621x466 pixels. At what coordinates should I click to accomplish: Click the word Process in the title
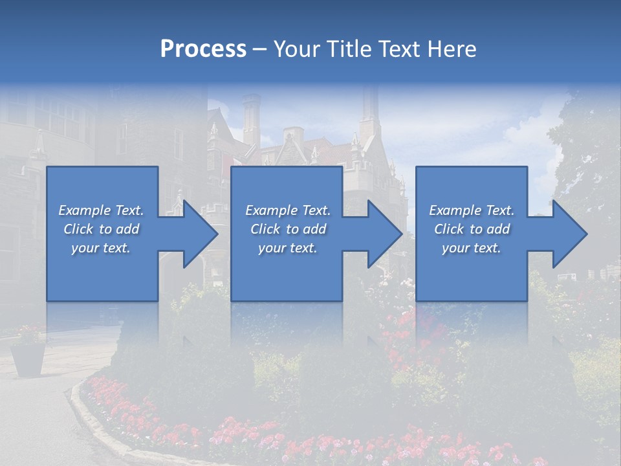[203, 49]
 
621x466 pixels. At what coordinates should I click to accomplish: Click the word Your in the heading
[295, 49]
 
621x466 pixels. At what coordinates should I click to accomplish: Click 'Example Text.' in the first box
[101, 210]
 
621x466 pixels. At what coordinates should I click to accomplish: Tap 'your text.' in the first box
[101, 248]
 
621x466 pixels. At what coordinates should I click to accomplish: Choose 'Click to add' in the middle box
[288, 229]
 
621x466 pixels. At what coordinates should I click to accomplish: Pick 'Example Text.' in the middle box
[288, 210]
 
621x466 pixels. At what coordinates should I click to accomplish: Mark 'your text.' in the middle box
[288, 248]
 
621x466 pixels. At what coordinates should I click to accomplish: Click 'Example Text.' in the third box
[472, 210]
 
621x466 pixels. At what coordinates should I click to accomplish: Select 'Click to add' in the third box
[472, 229]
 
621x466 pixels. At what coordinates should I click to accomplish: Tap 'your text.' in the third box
[472, 248]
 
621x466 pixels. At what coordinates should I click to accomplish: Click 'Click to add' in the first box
[101, 229]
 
